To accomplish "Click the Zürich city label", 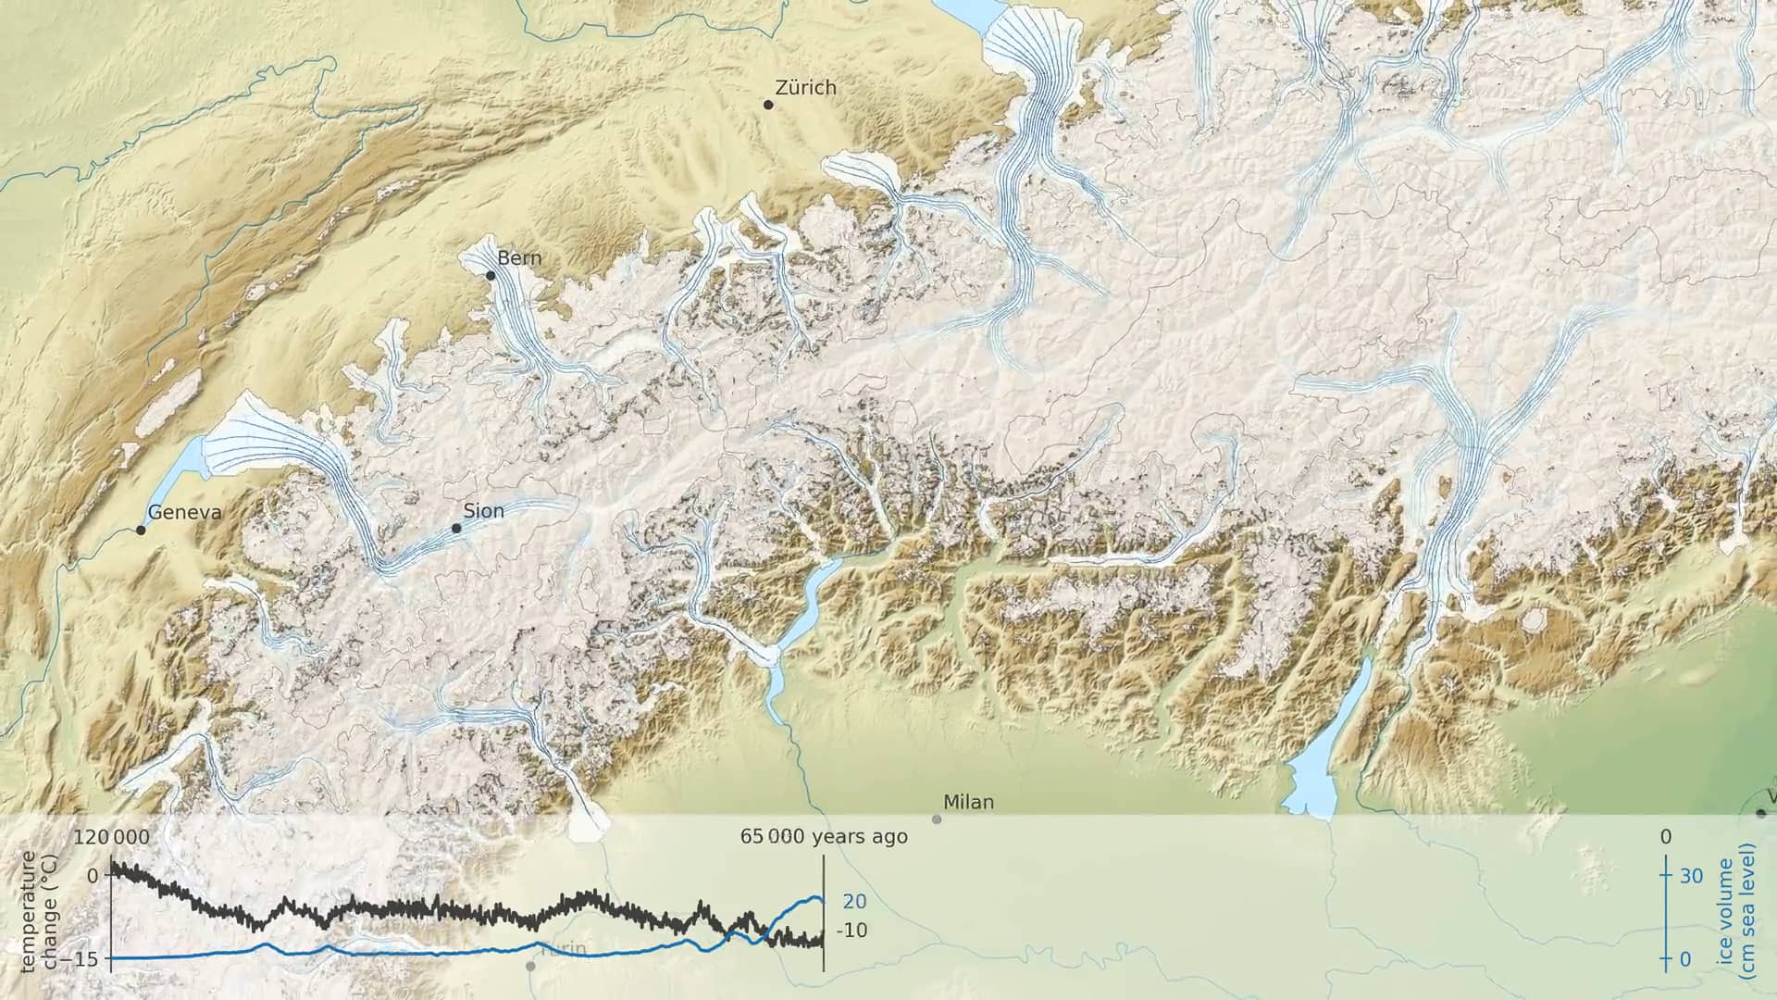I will (805, 88).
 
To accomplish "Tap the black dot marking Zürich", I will (768, 105).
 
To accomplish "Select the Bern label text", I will (519, 258).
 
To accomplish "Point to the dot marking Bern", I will (491, 275).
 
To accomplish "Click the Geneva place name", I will (185, 513).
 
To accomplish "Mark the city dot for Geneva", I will (141, 531).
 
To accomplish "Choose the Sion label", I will (484, 511).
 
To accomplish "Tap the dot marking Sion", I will (456, 529).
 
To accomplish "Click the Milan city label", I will (968, 802).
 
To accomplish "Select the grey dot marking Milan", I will (937, 819).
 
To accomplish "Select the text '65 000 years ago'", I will (824, 837).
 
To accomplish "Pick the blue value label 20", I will (855, 902).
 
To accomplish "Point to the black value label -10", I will (851, 931).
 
